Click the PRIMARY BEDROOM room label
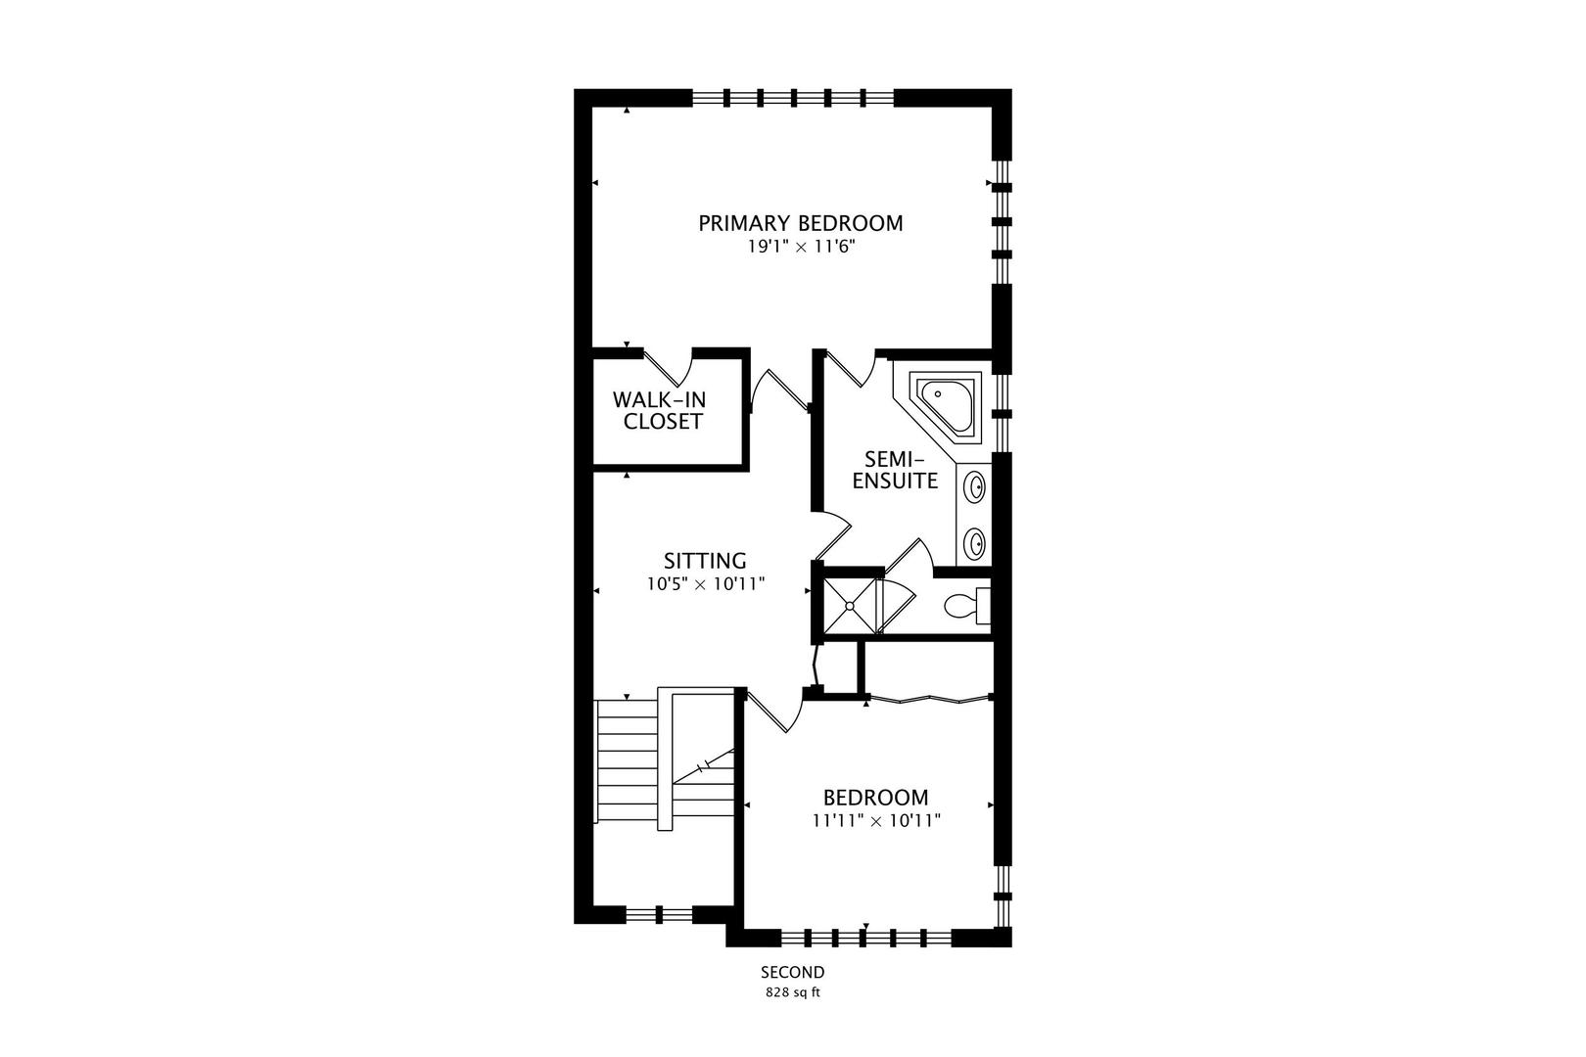pyautogui.click(x=801, y=223)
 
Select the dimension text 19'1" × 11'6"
pyautogui.click(x=802, y=247)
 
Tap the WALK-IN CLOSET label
pyautogui.click(x=659, y=411)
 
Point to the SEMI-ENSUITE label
pyautogui.click(x=895, y=470)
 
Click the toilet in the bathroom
pyautogui.click(x=966, y=606)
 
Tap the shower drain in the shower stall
pyautogui.click(x=849, y=605)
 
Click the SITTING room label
pyautogui.click(x=705, y=561)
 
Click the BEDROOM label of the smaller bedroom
pyautogui.click(x=876, y=798)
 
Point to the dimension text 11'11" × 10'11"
pyautogui.click(x=876, y=821)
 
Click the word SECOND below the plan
pyautogui.click(x=792, y=972)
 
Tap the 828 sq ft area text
pyautogui.click(x=792, y=992)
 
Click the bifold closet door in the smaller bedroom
pyautogui.click(x=929, y=700)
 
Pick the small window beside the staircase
pyautogui.click(x=659, y=914)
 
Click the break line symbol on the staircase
pyautogui.click(x=703, y=766)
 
